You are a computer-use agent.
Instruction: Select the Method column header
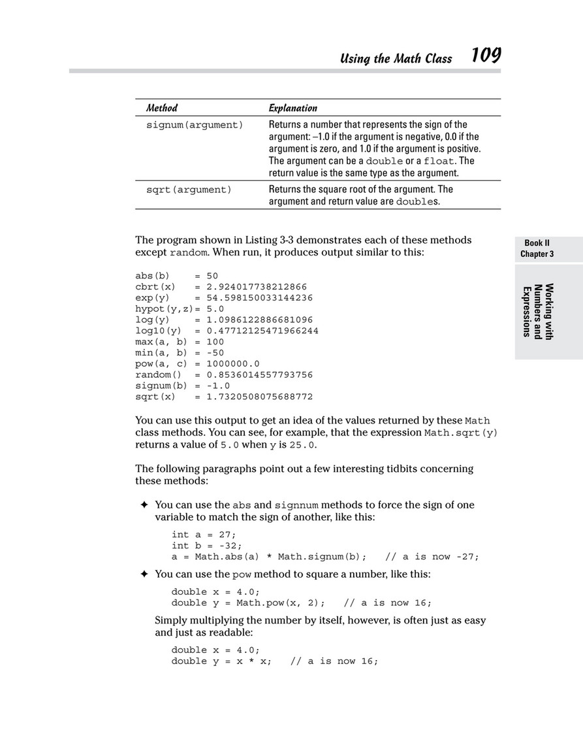pos(161,108)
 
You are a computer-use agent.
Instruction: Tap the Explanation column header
pos(293,108)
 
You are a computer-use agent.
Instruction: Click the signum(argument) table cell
pos(194,125)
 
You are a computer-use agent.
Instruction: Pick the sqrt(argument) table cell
pos(189,190)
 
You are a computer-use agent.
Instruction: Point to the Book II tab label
pos(537,243)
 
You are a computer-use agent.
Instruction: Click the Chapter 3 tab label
pos(537,254)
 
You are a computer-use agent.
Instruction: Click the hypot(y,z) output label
pos(164,308)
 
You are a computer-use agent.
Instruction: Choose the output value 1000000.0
pos(233,363)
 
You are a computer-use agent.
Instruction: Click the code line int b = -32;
pos(206,546)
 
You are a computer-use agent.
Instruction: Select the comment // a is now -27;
pos(432,557)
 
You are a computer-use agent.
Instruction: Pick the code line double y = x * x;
pos(221,661)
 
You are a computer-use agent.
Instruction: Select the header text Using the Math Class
pos(396,59)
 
